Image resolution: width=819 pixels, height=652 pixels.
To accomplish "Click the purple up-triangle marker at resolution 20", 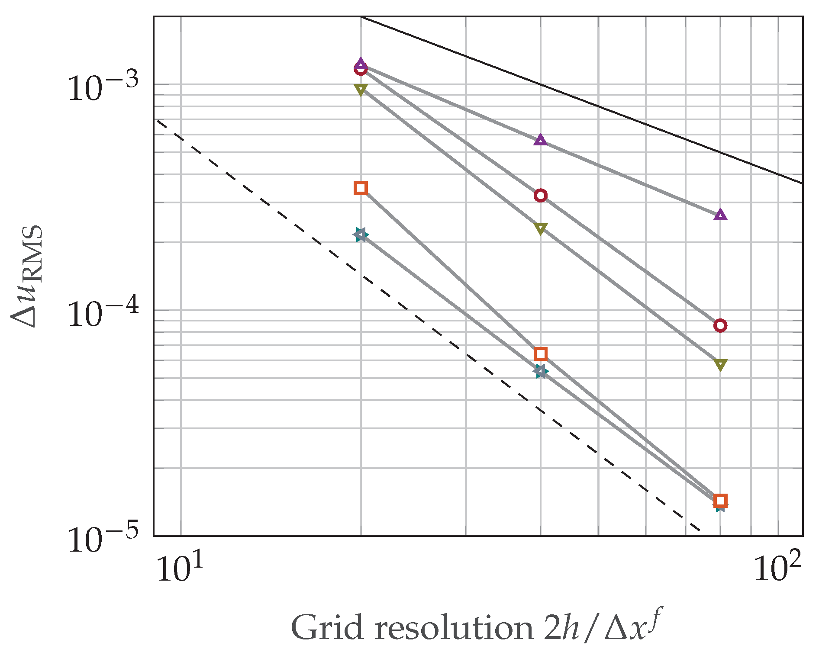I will click(361, 64).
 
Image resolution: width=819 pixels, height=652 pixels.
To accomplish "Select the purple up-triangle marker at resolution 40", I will click(540, 140).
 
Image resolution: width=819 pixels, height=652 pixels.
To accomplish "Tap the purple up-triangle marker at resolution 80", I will click(720, 215).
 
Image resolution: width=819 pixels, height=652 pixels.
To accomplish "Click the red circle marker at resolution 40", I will click(540, 196).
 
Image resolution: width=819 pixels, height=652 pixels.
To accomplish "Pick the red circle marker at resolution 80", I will click(720, 325).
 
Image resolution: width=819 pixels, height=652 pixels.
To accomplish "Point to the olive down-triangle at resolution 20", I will click(361, 90).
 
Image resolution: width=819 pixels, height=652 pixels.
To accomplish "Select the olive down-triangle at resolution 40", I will click(540, 228).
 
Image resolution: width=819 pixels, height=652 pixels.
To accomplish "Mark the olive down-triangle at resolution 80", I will click(720, 365).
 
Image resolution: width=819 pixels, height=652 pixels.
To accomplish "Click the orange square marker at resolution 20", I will click(361, 188).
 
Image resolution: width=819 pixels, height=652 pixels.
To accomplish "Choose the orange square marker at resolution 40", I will click(540, 354).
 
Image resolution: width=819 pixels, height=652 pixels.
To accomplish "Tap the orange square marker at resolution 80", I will click(720, 501).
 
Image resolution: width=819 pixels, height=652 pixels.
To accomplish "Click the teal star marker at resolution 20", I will click(361, 235).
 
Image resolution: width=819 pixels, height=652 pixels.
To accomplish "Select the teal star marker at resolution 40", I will click(540, 371).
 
